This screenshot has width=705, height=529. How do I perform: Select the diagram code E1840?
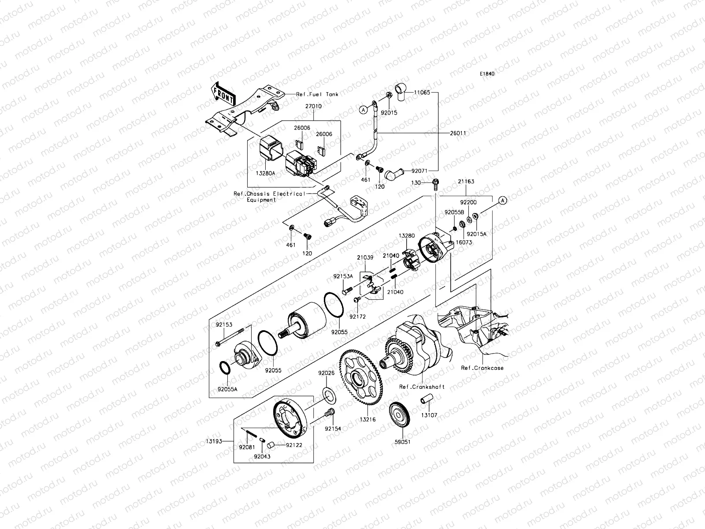[487, 74]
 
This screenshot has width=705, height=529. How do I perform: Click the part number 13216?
[368, 420]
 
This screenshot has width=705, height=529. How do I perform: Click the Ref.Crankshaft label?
[422, 387]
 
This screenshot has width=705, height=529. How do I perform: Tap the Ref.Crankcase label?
[482, 368]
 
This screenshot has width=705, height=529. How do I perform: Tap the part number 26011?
[458, 133]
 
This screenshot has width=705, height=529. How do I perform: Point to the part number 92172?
[358, 317]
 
